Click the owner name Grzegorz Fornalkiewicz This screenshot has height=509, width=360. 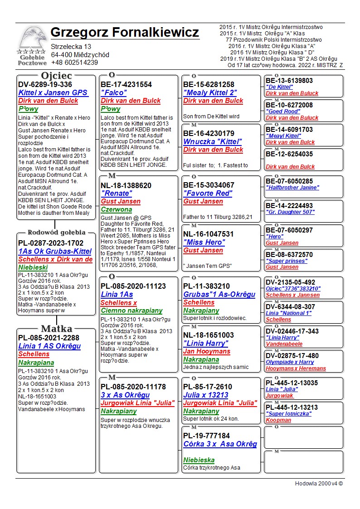coord(125,33)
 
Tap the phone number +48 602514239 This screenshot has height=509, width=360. coord(74,63)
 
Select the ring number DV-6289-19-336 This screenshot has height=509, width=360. coord(45,84)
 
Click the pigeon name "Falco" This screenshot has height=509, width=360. coord(114,92)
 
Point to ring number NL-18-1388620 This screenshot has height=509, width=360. coord(126,185)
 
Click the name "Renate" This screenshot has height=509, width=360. coord(116,194)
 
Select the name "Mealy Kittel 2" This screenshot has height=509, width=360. coord(210,92)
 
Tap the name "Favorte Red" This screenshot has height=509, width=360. coord(208,193)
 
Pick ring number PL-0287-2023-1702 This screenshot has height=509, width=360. coord(51,243)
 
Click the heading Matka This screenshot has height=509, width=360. coord(56,328)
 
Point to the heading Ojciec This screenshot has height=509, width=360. coord(56,75)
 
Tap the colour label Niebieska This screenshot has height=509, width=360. coord(199,460)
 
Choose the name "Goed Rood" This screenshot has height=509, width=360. coord(283,111)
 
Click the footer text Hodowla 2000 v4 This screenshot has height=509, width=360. coord(319,483)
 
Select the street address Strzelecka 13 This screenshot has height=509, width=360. coord(71,47)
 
